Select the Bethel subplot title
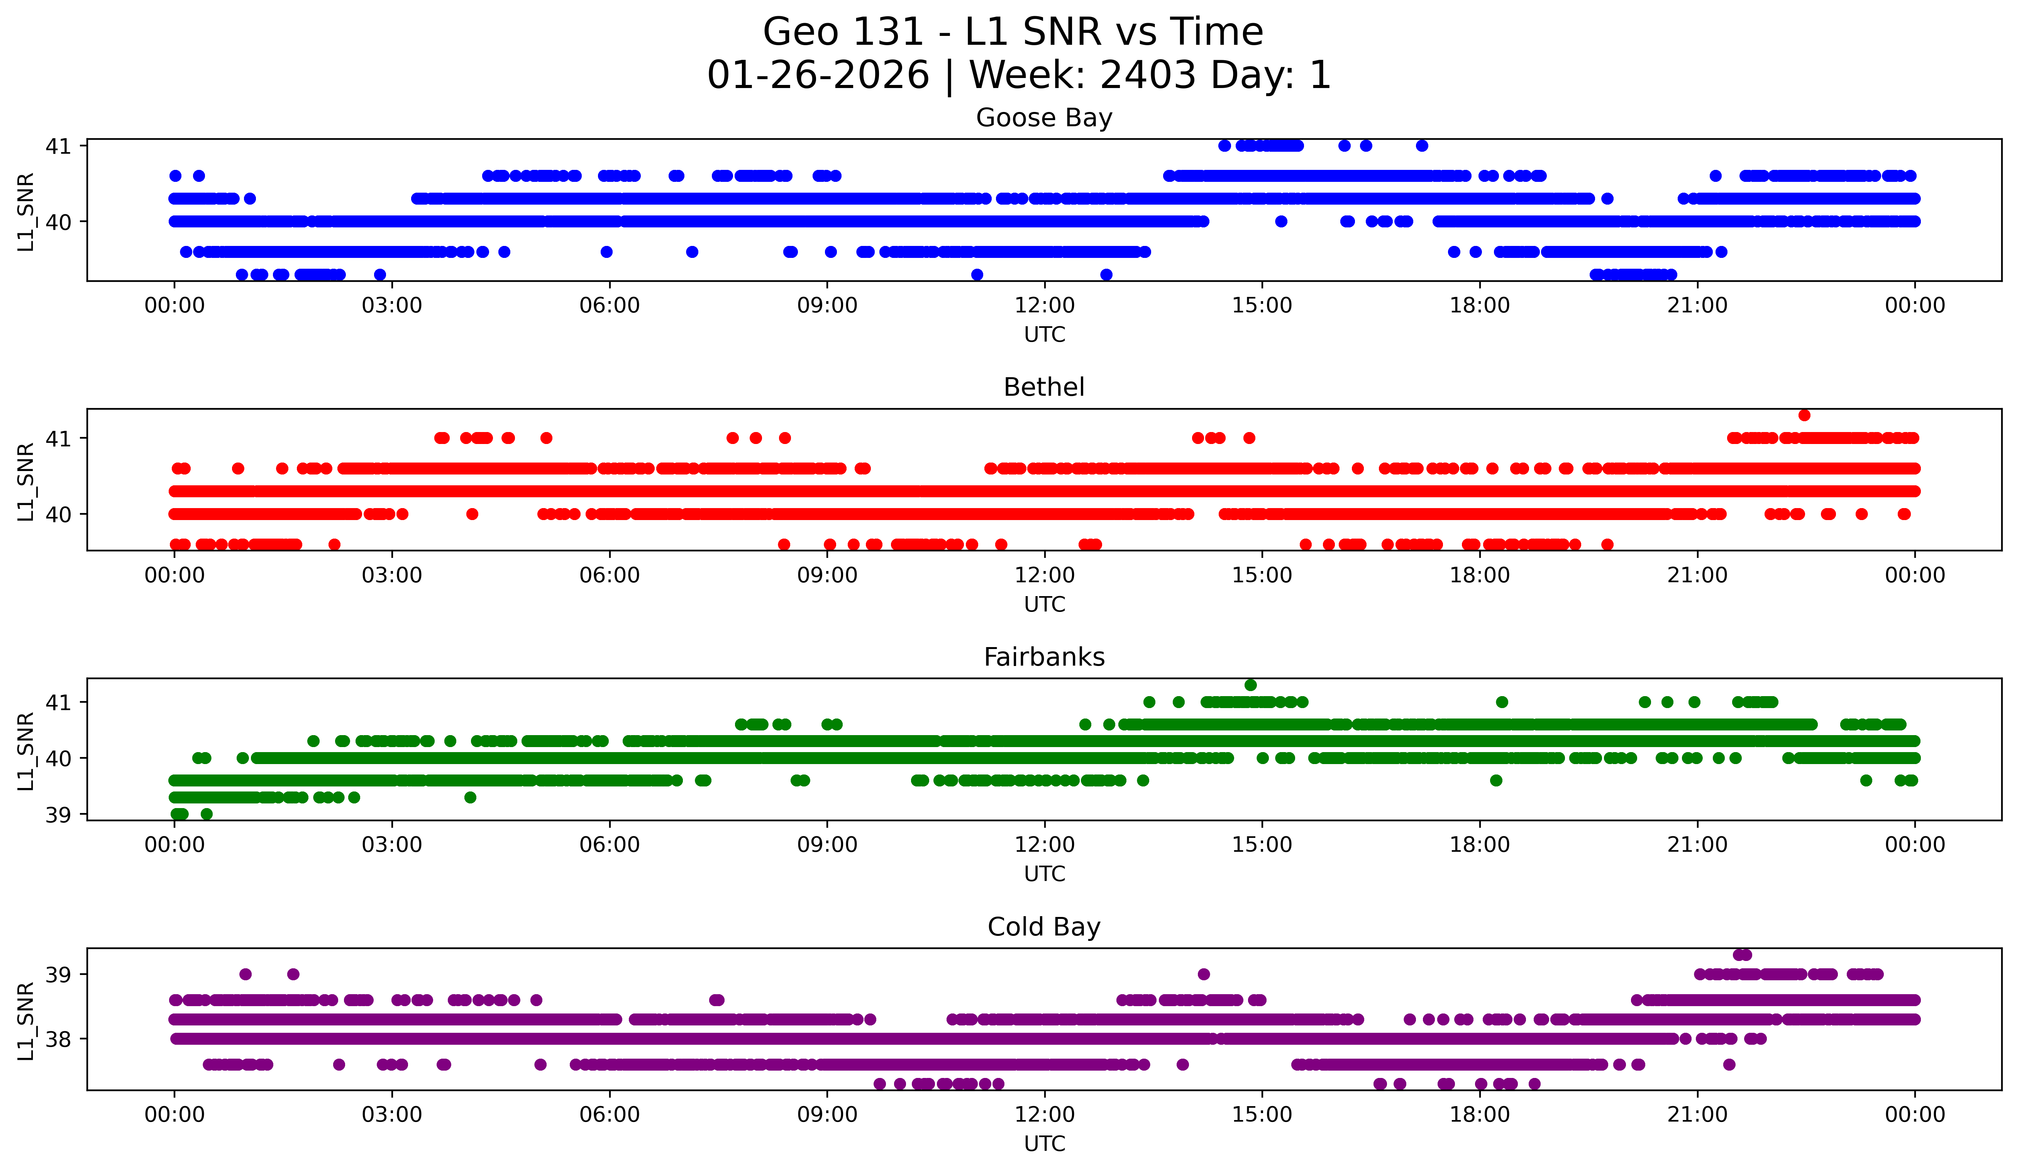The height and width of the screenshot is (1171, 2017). pos(1044,387)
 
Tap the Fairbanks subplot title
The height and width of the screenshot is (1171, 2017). pos(1044,657)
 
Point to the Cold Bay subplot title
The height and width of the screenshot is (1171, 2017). pos(1044,927)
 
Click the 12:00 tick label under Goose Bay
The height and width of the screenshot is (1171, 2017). pos(1045,306)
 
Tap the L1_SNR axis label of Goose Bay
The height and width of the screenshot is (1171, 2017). pos(25,212)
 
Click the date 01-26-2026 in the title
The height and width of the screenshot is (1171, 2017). pos(818,75)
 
